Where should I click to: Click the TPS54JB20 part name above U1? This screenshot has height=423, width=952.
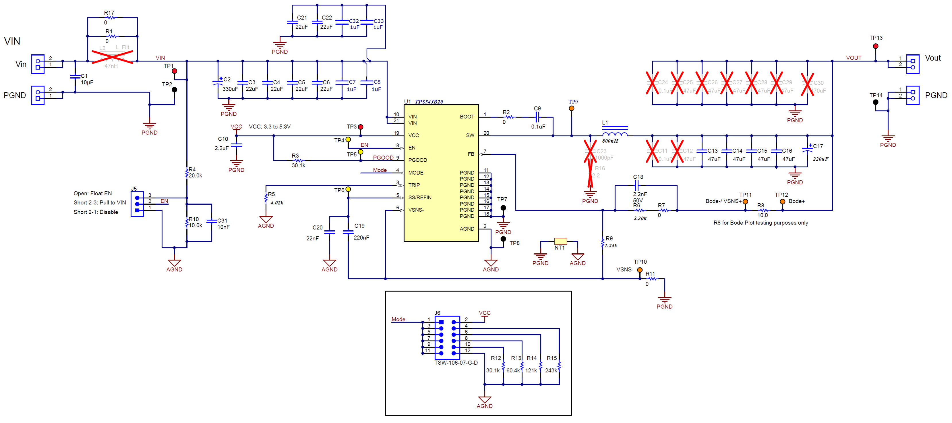429,102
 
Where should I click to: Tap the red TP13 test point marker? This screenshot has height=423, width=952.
876,46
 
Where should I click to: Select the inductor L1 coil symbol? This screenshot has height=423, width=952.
615,133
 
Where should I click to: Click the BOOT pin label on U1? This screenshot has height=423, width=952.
467,116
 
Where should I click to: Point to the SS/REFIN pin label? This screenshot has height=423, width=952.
419,197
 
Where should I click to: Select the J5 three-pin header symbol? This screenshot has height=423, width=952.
137,204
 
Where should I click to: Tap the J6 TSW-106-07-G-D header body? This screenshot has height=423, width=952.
447,338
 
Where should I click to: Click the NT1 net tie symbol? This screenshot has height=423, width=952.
560,241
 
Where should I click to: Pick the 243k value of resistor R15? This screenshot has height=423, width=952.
551,370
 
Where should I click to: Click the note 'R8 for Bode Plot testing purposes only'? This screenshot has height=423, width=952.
761,223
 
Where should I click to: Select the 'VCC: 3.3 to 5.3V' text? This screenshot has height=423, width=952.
269,127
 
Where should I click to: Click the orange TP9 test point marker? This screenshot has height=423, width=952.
571,108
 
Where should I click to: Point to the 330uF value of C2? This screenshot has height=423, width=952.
230,89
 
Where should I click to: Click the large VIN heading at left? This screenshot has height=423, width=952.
12,41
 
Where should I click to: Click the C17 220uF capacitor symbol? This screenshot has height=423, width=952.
807,150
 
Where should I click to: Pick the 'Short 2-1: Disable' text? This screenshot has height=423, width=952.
96,212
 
